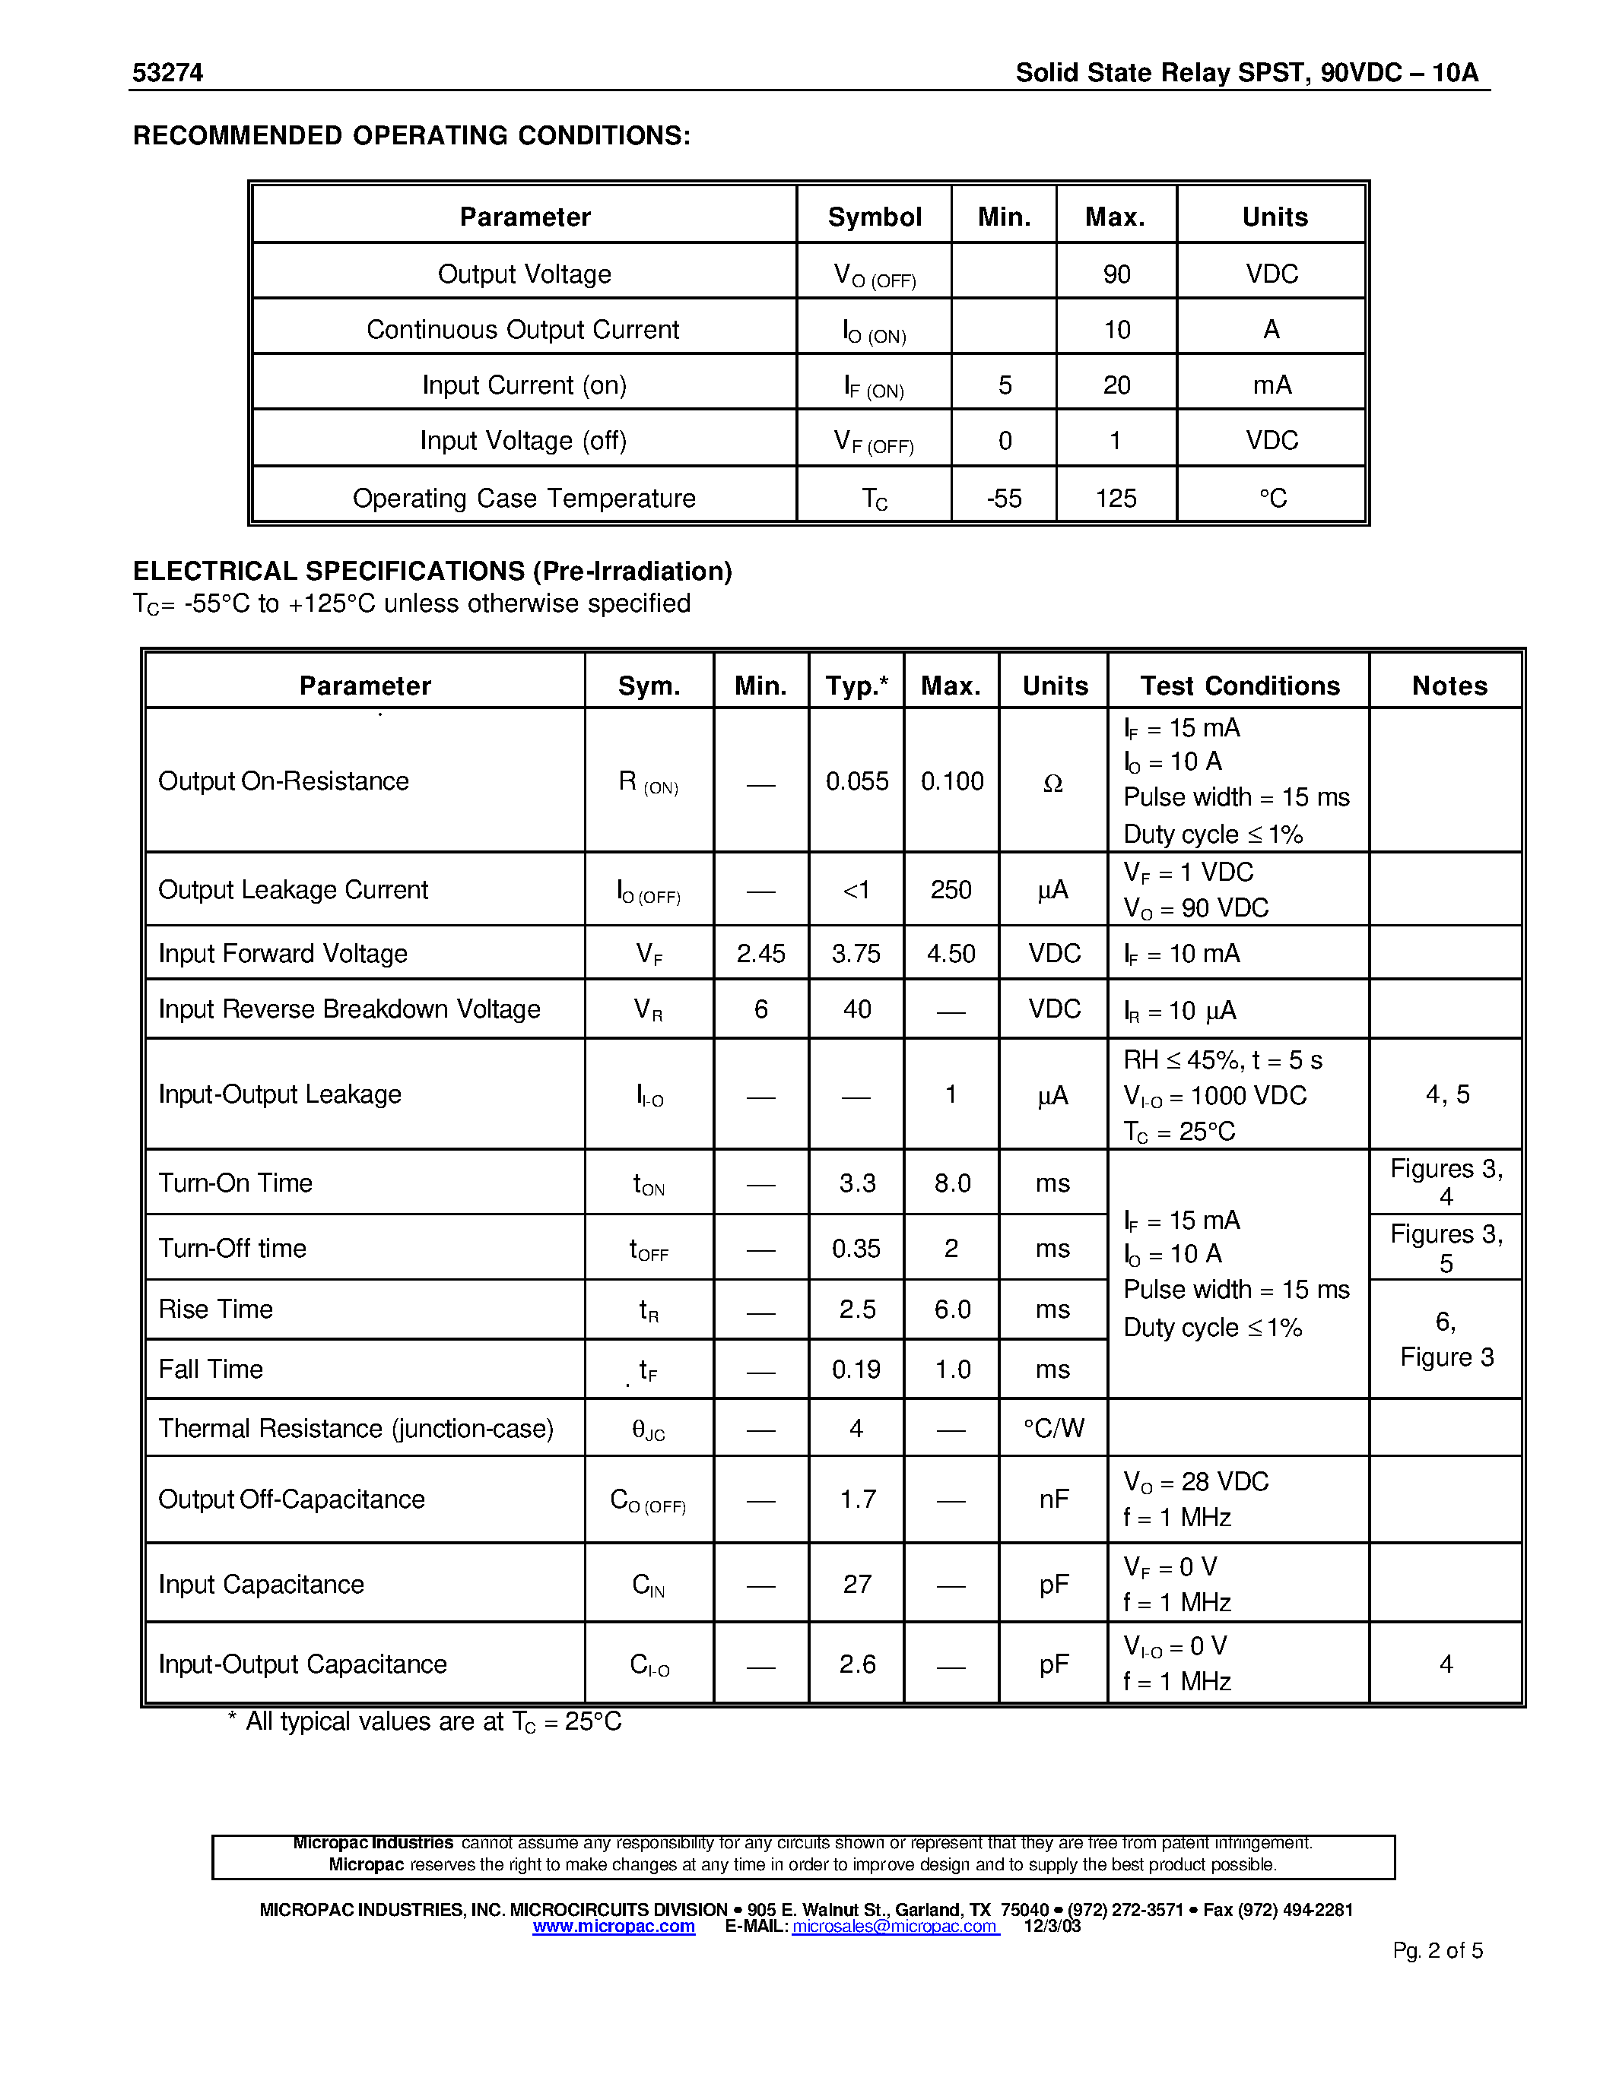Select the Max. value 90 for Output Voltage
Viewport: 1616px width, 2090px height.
(1116, 274)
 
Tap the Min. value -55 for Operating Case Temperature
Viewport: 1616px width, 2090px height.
(1005, 499)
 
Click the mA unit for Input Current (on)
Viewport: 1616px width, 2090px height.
(1272, 385)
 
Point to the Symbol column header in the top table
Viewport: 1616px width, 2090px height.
(874, 217)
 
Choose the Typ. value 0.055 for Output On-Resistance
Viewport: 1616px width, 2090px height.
(857, 782)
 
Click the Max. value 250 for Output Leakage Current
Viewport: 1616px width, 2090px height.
(951, 890)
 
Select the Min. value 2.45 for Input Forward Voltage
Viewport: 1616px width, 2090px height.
(761, 954)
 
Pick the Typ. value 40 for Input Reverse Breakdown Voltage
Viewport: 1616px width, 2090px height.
(857, 1009)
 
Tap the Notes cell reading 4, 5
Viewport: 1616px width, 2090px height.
(1446, 1094)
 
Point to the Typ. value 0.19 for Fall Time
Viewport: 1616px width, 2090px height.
(856, 1370)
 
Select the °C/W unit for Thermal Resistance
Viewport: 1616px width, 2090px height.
(1053, 1429)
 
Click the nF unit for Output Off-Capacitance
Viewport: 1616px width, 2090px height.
(1053, 1499)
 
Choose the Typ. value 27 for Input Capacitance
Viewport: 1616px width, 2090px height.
(857, 1585)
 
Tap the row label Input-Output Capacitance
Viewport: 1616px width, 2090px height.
(303, 1665)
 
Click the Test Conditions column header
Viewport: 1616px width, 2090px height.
(1239, 686)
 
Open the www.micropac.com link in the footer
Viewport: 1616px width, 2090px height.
(614, 1927)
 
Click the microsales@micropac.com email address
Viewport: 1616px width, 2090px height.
(895, 1927)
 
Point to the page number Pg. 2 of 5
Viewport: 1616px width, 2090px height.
(1437, 1951)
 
